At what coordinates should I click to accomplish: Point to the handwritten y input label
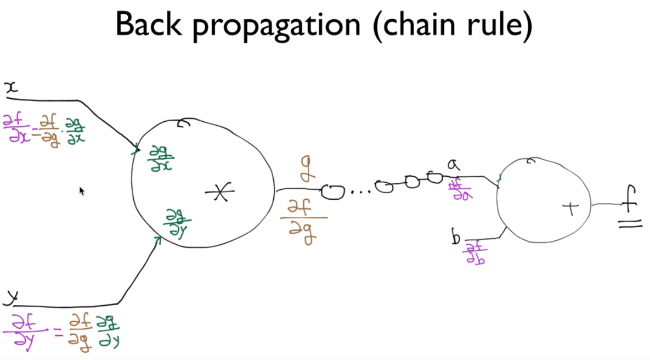click(x=10, y=297)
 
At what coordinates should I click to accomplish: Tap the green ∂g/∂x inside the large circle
click(x=160, y=158)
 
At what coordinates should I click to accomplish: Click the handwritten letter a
click(x=453, y=165)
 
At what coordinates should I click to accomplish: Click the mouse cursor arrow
click(x=82, y=191)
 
